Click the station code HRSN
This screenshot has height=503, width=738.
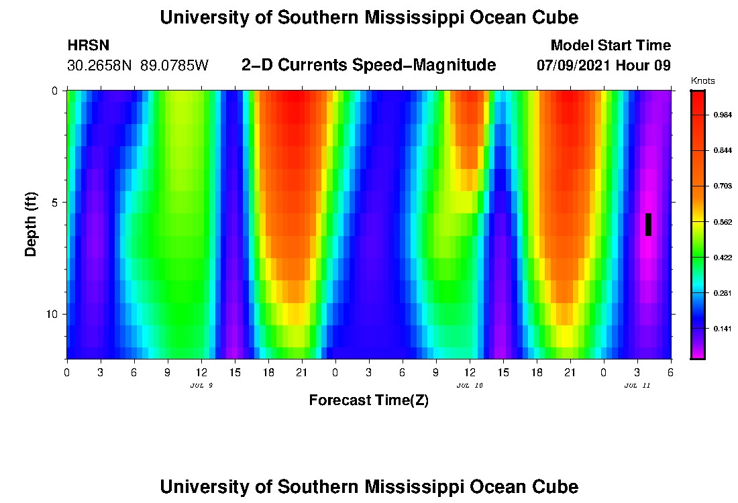[x=89, y=46]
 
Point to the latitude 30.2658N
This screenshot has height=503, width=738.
[x=101, y=66]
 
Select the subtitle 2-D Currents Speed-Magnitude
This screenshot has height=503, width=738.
[x=368, y=65]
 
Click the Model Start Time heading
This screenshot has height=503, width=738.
[x=611, y=46]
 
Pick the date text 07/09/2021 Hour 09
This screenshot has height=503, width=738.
[x=604, y=66]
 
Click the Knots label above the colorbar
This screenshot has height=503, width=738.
[x=702, y=81]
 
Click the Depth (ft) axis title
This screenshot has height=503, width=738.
[x=30, y=225]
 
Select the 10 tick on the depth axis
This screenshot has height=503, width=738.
[x=51, y=314]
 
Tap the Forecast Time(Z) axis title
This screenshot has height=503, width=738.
[x=368, y=400]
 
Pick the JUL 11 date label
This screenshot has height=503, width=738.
[x=637, y=386]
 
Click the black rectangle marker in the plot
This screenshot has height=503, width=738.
[x=648, y=225]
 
